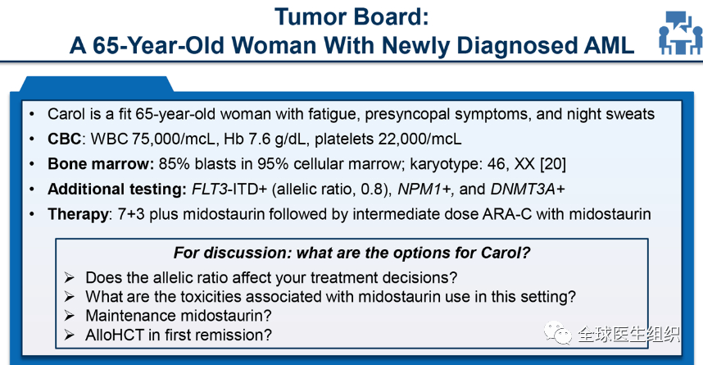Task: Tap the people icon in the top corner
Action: click(x=680, y=32)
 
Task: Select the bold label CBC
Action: click(x=65, y=139)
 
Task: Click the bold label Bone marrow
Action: click(x=101, y=164)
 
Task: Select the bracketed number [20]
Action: click(x=553, y=164)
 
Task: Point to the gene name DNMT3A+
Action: click(x=528, y=189)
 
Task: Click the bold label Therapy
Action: click(x=78, y=215)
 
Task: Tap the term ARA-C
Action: click(x=506, y=214)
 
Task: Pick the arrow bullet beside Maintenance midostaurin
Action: click(x=69, y=315)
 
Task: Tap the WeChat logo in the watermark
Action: click(x=558, y=333)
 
